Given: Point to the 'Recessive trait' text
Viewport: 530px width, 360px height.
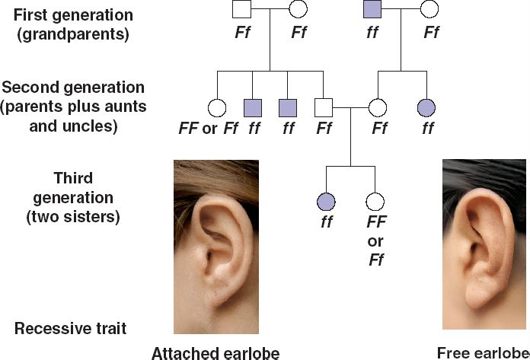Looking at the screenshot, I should click(x=71, y=329).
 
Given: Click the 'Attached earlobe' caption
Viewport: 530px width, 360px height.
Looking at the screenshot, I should click(x=216, y=352).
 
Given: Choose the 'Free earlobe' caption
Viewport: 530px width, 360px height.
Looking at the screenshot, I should click(x=483, y=352).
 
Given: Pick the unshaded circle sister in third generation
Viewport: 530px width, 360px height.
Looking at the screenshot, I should click(x=373, y=202).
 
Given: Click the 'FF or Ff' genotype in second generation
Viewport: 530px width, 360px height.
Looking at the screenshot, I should click(x=208, y=129).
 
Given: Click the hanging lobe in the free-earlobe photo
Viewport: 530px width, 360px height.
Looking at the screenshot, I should click(x=482, y=301).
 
